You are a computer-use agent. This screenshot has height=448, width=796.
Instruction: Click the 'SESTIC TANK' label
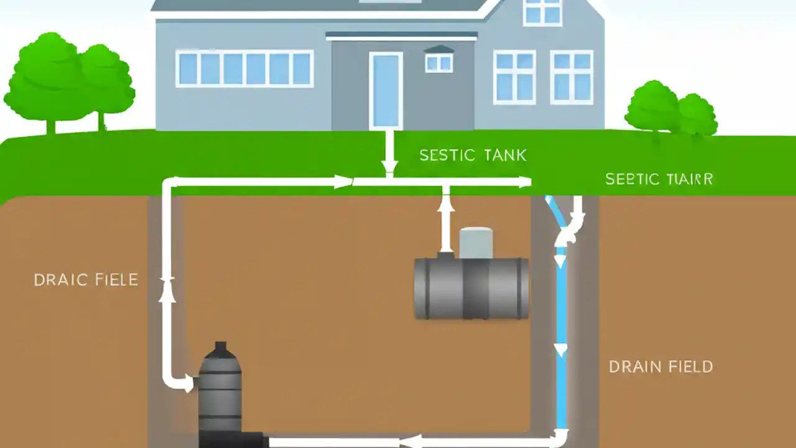pyautogui.click(x=473, y=156)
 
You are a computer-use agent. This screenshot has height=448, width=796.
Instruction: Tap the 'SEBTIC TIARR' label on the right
pyautogui.click(x=659, y=180)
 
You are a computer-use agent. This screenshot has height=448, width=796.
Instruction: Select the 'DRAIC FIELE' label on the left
pyautogui.click(x=86, y=280)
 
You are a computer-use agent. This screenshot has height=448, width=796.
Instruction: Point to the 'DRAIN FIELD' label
pyautogui.click(x=660, y=366)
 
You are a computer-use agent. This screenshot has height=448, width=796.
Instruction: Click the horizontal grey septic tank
pyautogui.click(x=471, y=289)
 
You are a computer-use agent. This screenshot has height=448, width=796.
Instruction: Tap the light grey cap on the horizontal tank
pyautogui.click(x=476, y=243)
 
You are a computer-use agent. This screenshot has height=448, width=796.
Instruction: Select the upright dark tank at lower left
pyautogui.click(x=220, y=392)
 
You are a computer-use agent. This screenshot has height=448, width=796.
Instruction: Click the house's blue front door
pyautogui.click(x=386, y=91)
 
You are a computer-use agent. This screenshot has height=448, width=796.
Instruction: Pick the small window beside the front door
pyautogui.click(x=439, y=62)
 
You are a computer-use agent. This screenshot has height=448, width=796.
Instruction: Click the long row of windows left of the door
pyautogui.click(x=244, y=68)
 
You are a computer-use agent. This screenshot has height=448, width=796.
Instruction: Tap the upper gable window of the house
pyautogui.click(x=542, y=11)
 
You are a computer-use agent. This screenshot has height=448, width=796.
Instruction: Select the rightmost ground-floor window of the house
pyautogui.click(x=572, y=77)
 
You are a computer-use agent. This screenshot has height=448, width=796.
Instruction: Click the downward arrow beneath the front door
pyautogui.click(x=389, y=166)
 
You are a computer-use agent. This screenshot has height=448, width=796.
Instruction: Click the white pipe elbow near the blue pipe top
pyautogui.click(x=569, y=233)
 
